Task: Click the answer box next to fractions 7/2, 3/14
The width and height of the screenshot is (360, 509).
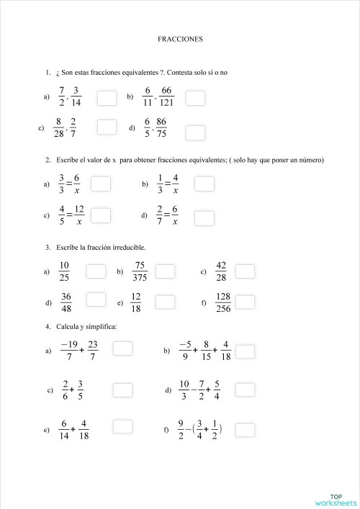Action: point(107,97)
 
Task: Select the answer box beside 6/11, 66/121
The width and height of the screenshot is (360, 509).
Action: point(195,97)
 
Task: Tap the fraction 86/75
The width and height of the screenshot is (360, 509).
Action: point(161,127)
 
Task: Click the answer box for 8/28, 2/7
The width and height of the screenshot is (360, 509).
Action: point(107,127)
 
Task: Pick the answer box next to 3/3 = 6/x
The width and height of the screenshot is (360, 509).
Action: point(101,184)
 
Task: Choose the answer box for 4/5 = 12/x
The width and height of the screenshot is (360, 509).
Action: point(101,215)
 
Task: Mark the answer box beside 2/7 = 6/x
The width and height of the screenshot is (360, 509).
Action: point(204,216)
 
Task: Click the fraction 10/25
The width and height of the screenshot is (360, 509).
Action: point(64,271)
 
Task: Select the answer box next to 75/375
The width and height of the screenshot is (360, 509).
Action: point(166,271)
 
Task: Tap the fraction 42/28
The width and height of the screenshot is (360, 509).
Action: point(221,271)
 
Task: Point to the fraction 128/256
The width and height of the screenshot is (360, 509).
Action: point(223,302)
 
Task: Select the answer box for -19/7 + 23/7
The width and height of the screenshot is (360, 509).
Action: point(122,348)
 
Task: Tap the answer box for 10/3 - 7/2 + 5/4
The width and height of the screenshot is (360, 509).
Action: point(246,389)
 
